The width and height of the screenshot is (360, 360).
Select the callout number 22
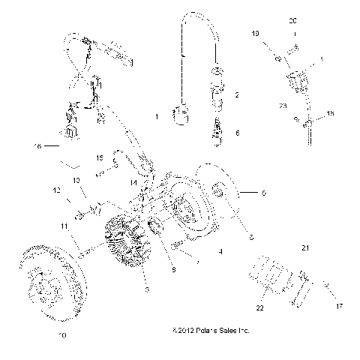pyautogui.click(x=260, y=308)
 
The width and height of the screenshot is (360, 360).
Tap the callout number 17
pyautogui.click(x=318, y=306)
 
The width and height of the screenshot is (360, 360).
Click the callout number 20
pyautogui.click(x=293, y=21)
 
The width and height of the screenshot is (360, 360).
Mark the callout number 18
pyautogui.click(x=331, y=113)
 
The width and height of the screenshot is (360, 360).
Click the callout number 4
pyautogui.click(x=220, y=253)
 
